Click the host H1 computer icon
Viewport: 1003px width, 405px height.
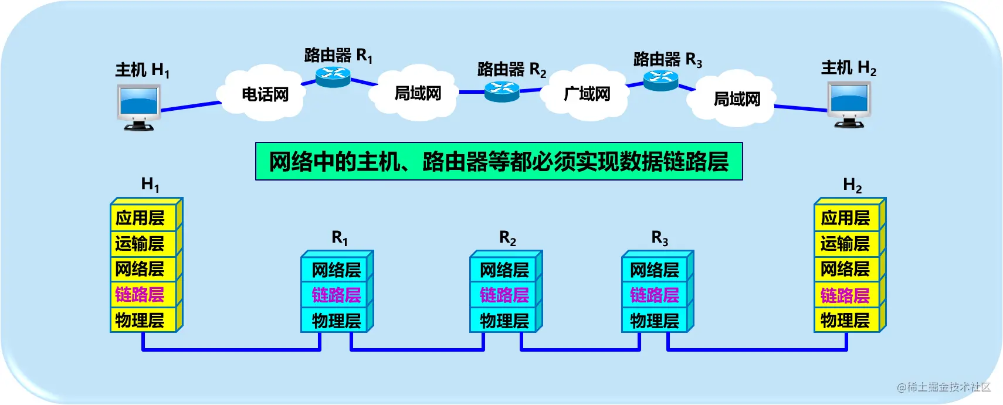(139, 108)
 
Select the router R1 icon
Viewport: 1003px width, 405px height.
(333, 77)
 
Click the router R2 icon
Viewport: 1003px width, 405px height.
(502, 92)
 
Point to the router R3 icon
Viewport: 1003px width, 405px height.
(661, 81)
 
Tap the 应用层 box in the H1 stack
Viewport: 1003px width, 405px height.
(143, 218)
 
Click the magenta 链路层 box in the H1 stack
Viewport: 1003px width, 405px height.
(143, 294)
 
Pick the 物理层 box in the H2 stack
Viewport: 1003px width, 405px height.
(847, 320)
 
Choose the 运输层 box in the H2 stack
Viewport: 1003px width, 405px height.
(847, 243)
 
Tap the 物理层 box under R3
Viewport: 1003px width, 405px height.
(655, 320)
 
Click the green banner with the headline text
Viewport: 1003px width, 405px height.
(499, 161)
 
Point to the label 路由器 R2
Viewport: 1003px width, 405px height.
(512, 70)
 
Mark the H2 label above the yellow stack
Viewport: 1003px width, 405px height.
(852, 185)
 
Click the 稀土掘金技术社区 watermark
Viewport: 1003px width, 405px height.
(944, 387)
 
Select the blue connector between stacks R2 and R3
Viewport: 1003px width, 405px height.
(580, 349)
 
